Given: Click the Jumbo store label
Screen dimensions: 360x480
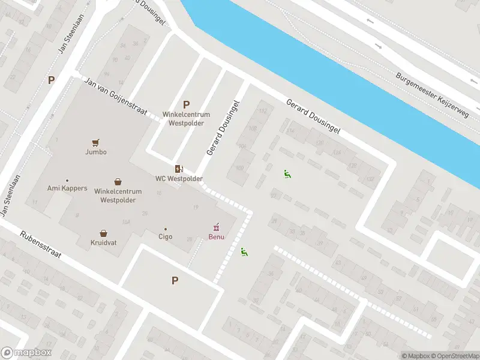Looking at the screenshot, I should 96,152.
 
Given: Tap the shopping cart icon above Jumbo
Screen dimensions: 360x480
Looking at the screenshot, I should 95,143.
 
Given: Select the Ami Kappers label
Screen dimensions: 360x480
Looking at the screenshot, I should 67,188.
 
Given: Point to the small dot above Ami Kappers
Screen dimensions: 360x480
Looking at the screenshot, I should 67,181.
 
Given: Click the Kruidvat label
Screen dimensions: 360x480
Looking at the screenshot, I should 104,243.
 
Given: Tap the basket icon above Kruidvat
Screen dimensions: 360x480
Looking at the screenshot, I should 104,233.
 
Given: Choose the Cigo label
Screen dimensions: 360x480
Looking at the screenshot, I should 165,236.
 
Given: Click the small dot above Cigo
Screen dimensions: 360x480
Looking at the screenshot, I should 166,229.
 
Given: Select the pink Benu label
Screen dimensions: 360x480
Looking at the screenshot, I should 216,236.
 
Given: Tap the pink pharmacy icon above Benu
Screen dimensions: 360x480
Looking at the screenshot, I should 217,227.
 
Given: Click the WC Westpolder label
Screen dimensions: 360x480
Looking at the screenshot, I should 179,179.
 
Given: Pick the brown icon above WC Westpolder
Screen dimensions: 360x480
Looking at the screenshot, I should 178,169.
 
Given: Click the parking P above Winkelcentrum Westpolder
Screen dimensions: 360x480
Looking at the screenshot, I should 186,104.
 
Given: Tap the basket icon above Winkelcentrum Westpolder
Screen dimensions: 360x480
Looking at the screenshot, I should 118,182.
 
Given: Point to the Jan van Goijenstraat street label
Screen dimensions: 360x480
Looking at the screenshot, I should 116,98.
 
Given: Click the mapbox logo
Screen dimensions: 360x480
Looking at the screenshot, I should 26,353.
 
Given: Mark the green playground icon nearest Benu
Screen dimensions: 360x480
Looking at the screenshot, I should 244,252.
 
